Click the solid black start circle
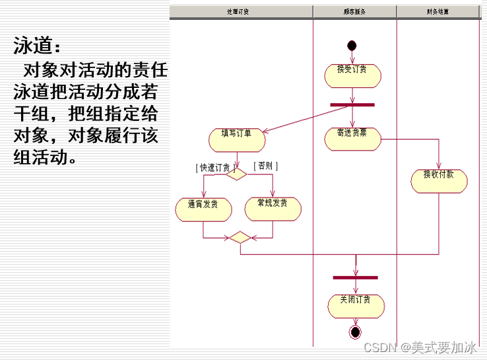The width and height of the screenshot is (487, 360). coord(352,46)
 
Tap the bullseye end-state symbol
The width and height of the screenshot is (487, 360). coord(356,332)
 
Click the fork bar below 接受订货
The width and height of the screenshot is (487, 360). coord(352,104)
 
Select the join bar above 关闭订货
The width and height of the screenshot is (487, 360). coord(356,277)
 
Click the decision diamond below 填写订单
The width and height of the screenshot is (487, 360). coord(236,173)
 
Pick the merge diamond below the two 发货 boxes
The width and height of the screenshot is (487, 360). coord(240,237)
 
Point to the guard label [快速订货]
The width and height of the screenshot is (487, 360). coord(216,167)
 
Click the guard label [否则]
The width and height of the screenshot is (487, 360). coord(265,166)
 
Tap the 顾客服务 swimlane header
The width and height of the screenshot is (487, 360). coord(354,12)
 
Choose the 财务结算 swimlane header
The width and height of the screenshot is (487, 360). coord(438,12)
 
